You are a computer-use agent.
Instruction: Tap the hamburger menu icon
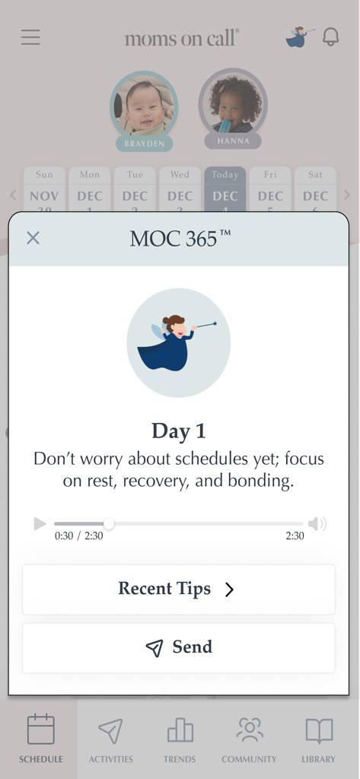(x=30, y=37)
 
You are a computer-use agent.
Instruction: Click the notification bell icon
(x=330, y=37)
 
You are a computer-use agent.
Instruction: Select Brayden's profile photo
(x=144, y=105)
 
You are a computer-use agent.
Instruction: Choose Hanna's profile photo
(x=233, y=103)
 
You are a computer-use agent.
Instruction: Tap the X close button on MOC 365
(x=33, y=238)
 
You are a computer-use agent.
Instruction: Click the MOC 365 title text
(x=180, y=238)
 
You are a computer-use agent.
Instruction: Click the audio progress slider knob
(x=109, y=523)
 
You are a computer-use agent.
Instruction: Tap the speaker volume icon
(x=317, y=523)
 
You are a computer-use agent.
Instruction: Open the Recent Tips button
(x=178, y=589)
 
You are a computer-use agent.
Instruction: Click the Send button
(x=178, y=647)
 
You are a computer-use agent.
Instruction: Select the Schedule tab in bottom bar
(x=41, y=739)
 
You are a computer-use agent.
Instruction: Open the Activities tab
(x=110, y=739)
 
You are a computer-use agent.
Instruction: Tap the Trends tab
(x=180, y=739)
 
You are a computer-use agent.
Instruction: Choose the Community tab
(x=249, y=739)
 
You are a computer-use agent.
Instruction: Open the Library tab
(x=318, y=739)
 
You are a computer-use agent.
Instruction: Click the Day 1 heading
(x=179, y=431)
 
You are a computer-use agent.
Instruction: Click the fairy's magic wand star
(x=215, y=323)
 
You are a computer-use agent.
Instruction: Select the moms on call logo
(x=181, y=38)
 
